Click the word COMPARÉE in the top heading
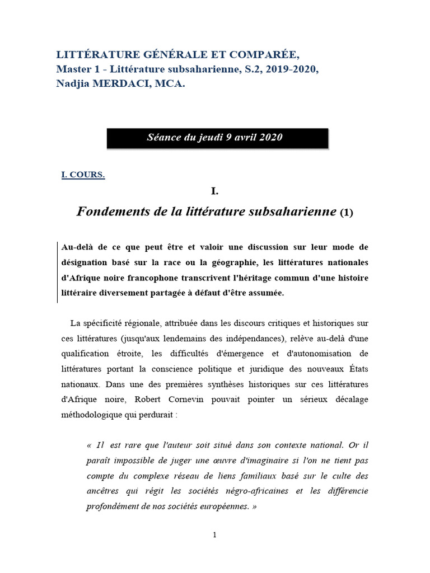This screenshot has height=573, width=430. point(263,55)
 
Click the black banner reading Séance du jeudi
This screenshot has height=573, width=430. point(217,138)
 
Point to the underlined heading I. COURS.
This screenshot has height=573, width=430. point(83,175)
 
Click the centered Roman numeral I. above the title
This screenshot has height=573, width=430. point(214,191)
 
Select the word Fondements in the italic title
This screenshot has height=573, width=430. point(106,212)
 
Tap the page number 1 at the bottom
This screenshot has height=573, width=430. point(214,535)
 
